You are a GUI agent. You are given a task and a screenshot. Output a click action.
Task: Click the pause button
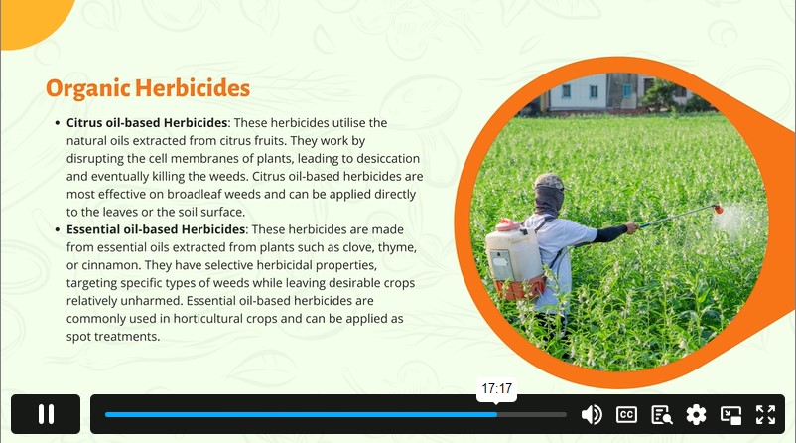point(46,414)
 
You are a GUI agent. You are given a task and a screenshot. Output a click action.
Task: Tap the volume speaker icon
point(592,414)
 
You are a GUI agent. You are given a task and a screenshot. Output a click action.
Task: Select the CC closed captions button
point(626,414)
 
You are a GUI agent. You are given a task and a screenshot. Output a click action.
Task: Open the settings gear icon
point(696,414)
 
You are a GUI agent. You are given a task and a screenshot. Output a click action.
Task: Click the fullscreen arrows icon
point(765,414)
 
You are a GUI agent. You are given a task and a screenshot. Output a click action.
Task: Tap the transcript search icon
point(661,414)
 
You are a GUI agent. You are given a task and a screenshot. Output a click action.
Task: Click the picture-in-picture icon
point(731,415)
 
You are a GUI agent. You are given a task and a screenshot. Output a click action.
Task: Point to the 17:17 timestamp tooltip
point(496,389)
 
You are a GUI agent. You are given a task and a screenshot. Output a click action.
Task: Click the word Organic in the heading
point(87,89)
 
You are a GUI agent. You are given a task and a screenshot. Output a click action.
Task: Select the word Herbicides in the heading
point(193,87)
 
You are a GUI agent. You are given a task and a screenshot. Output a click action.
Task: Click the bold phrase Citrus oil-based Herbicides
point(147,123)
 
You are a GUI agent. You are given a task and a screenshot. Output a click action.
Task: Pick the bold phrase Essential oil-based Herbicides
point(156,229)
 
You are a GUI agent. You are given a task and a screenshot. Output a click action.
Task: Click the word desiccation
point(388,159)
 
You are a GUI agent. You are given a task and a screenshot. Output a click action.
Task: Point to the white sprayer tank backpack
point(515,257)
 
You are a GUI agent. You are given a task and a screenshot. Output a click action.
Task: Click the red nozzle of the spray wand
point(718,208)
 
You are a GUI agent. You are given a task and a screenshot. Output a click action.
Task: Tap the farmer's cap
point(549,181)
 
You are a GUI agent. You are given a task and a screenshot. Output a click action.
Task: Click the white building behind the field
point(579,92)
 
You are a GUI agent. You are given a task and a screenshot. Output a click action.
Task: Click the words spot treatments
point(113,337)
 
